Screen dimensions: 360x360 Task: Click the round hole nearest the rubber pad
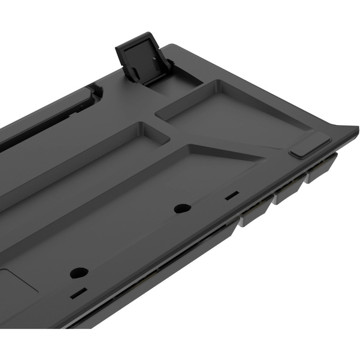click(x=182, y=208)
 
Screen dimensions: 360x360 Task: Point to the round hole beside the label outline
click(x=79, y=273)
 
